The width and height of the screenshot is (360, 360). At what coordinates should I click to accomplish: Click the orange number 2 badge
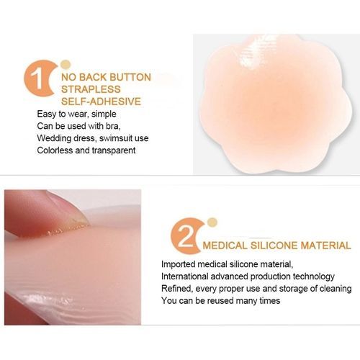coord(185,236)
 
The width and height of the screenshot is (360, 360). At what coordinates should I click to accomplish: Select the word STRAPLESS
coord(91,89)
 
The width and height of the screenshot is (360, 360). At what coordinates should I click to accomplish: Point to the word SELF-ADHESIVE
coord(101,102)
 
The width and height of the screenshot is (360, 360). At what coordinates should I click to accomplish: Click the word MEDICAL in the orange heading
coord(225,246)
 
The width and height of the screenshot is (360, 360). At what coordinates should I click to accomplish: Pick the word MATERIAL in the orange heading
coord(326,246)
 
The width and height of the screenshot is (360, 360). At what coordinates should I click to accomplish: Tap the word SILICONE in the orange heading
coord(274,246)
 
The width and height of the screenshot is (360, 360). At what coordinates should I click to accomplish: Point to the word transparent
coord(114,150)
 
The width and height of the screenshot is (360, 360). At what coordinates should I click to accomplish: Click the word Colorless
coord(55,150)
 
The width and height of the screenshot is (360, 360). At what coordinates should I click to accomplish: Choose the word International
coord(184,276)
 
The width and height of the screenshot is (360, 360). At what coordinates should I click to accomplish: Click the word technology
coord(313,276)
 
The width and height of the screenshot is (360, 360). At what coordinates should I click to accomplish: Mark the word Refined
coord(177,289)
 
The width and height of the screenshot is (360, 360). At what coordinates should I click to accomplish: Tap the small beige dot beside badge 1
coord(66,64)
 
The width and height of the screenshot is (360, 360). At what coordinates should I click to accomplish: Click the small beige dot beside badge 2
coord(212,222)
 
